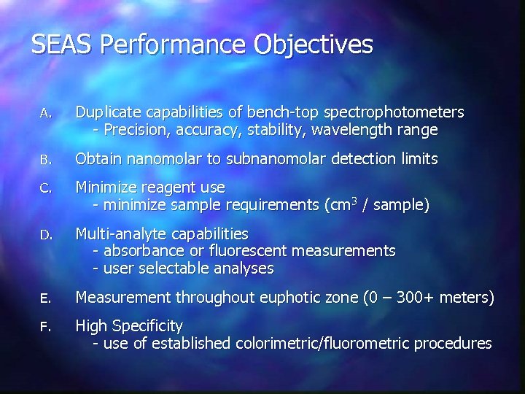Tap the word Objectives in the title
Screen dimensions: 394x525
pyautogui.click(x=314, y=46)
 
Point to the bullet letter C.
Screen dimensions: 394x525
pyautogui.click(x=45, y=188)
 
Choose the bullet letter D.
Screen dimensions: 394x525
pyautogui.click(x=45, y=235)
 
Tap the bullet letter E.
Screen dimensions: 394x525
pyautogui.click(x=45, y=298)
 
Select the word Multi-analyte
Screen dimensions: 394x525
pyautogui.click(x=120, y=234)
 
